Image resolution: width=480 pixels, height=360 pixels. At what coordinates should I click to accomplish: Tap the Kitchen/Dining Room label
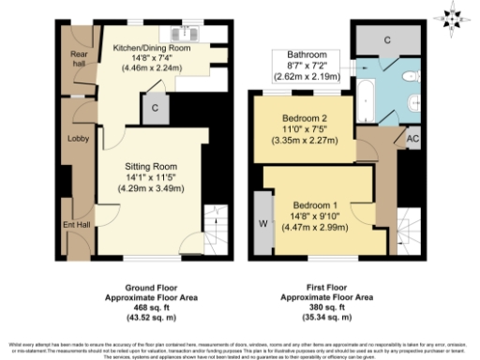coord(152,47)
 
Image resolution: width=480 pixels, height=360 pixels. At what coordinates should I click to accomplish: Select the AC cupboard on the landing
coord(410,137)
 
